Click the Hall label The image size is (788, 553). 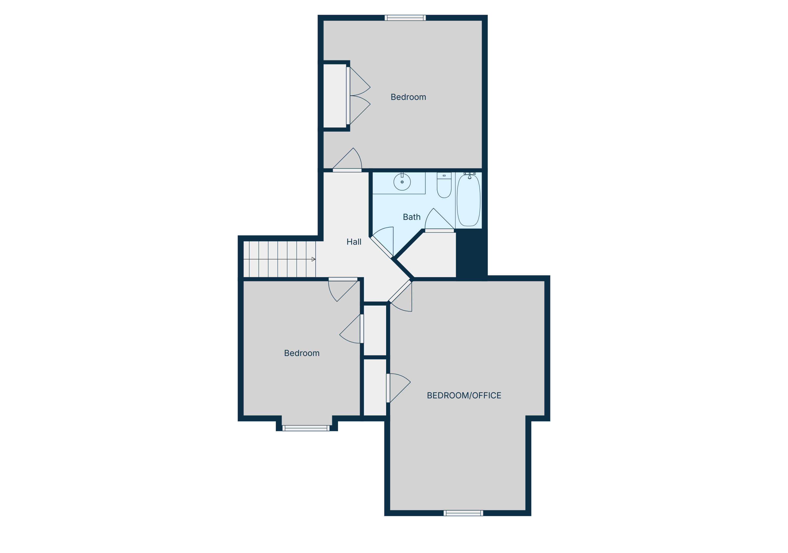354,242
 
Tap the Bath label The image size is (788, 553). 412,217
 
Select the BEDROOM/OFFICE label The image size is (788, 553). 464,395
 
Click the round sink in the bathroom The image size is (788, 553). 402,182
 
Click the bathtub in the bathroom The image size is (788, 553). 469,201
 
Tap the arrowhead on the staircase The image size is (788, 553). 313,259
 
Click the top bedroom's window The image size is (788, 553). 405,18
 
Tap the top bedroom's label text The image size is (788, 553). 408,97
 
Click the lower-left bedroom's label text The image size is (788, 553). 302,353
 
